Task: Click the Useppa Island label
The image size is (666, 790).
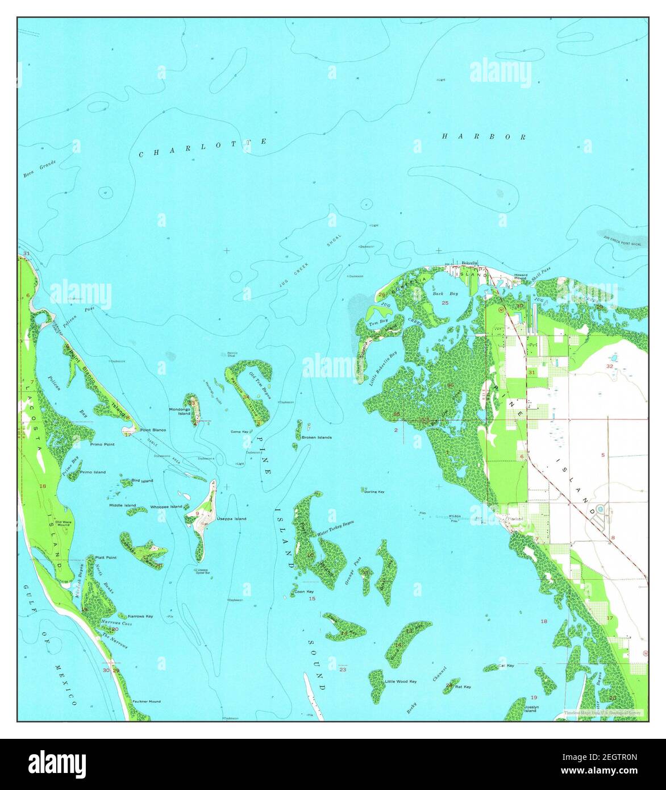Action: pos(231,519)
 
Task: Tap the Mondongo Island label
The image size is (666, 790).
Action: pos(180,411)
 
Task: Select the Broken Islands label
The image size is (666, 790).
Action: pos(317,438)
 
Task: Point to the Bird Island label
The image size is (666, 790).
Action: pos(142,481)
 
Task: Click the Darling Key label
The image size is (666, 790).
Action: pos(374,491)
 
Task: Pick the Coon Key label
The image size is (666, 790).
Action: pos(303,592)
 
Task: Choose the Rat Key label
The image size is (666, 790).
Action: pos(463,687)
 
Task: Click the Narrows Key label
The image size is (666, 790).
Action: pos(140,616)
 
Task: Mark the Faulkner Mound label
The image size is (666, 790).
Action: pos(146,701)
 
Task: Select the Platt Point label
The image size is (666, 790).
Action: pos(106,558)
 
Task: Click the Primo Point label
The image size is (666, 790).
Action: pos(102,444)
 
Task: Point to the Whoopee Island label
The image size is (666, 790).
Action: pos(166,506)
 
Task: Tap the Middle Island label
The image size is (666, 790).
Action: pos(123,505)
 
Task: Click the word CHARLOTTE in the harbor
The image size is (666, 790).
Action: pos(203,148)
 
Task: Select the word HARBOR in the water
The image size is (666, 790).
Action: pos(484,136)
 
